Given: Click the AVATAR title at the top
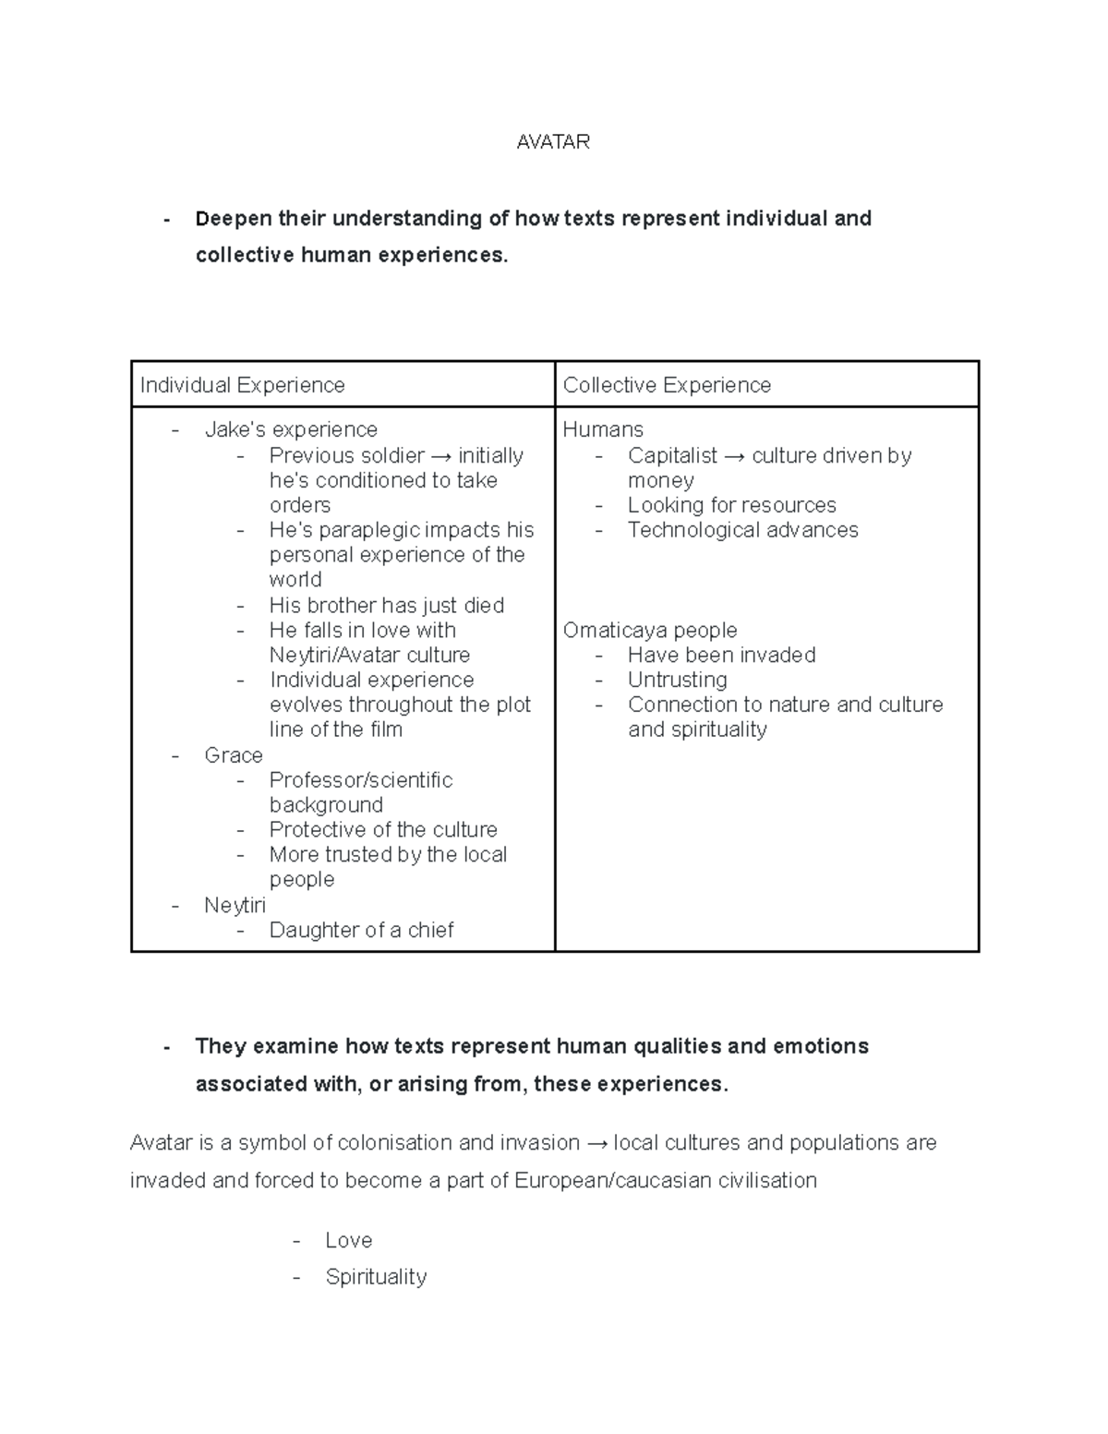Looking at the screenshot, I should pyautogui.click(x=553, y=141).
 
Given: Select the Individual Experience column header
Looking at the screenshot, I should pyautogui.click(x=242, y=385).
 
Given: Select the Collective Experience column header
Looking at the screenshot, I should pyautogui.click(x=667, y=385).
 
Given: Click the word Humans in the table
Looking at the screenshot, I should pyautogui.click(x=603, y=429).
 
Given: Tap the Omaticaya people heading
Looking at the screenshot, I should pyautogui.click(x=650, y=630).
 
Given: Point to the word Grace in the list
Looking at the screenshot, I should pyautogui.click(x=234, y=755).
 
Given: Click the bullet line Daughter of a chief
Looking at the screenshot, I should pyautogui.click(x=361, y=930).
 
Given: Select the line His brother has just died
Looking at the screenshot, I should pyautogui.click(x=387, y=605).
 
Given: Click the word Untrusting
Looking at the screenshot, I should pyautogui.click(x=677, y=680).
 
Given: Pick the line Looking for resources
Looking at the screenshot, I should pyautogui.click(x=731, y=505).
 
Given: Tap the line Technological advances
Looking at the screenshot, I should pyautogui.click(x=742, y=530).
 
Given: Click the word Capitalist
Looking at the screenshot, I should pyautogui.click(x=672, y=455).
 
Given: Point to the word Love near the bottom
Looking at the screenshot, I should pyautogui.click(x=348, y=1240).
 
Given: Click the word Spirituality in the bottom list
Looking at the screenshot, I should pyautogui.click(x=376, y=1277).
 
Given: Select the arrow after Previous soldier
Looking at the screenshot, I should pyautogui.click(x=441, y=456).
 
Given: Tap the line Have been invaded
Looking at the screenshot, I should pyautogui.click(x=721, y=655).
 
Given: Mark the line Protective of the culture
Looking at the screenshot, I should pyautogui.click(x=383, y=829).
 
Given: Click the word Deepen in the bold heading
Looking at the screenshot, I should pyautogui.click(x=233, y=219).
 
